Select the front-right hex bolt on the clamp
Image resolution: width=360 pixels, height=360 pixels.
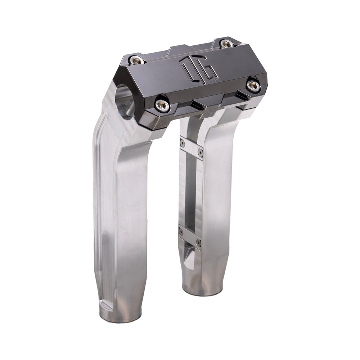(253, 85)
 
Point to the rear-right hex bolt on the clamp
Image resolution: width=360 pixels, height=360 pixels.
(226, 44)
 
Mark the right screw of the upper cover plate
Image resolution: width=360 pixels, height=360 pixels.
(201, 153)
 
